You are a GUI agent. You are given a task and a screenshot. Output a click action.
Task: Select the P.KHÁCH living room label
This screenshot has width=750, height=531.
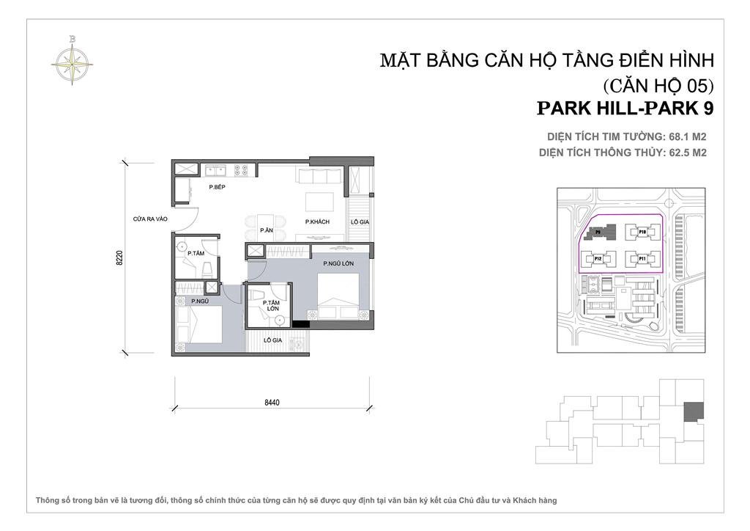[x=316, y=221]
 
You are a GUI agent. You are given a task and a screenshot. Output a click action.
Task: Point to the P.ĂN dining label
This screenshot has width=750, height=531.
[x=266, y=230]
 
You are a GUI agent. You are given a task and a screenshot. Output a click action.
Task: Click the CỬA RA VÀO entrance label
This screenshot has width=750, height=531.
[x=149, y=218]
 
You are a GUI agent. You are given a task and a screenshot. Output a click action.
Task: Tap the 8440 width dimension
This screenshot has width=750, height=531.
[x=273, y=402]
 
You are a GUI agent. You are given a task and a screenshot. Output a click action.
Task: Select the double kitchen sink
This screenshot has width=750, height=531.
[x=215, y=171]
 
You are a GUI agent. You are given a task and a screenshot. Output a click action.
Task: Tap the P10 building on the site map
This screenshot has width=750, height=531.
[x=642, y=232]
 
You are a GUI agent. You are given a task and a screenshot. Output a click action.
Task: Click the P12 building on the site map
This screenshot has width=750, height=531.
[x=597, y=258]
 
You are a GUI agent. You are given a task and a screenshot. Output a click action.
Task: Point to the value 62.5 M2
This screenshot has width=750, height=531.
[x=686, y=153]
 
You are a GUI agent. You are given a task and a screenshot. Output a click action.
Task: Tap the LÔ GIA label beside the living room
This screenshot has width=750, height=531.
[x=358, y=221]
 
